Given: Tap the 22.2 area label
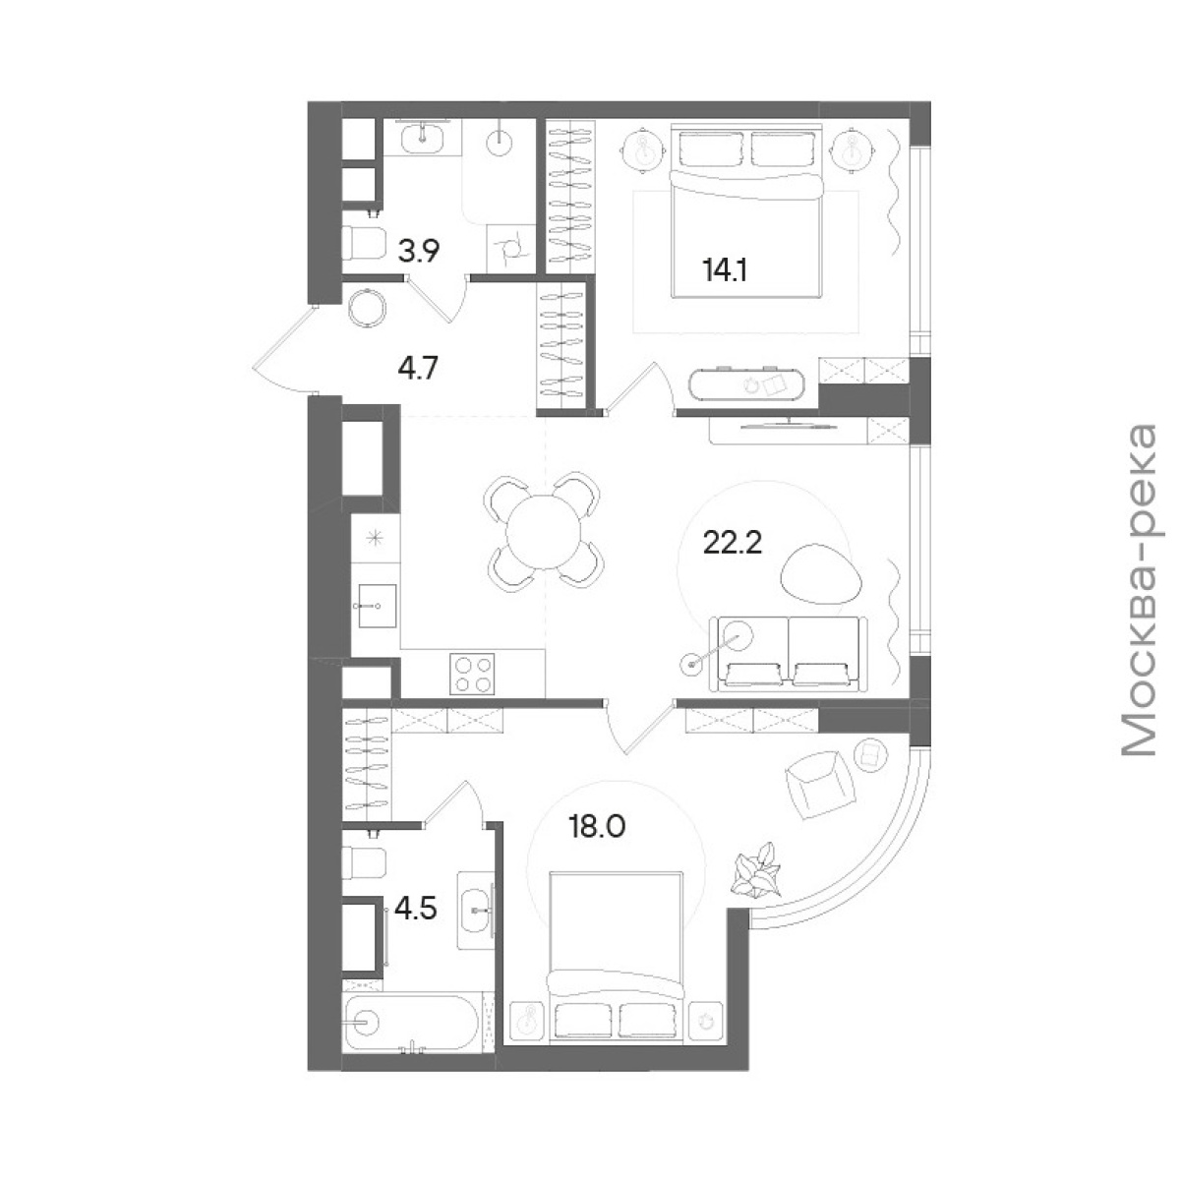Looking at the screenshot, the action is (x=733, y=543).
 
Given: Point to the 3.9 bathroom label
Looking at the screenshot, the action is (x=419, y=251).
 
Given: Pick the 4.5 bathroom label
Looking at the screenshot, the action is (x=416, y=910).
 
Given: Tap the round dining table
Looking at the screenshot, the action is (x=543, y=530).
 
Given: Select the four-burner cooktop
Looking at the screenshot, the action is (x=472, y=674).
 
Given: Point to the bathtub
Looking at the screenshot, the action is (x=411, y=1022).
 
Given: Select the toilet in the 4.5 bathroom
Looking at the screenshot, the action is (x=364, y=861).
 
